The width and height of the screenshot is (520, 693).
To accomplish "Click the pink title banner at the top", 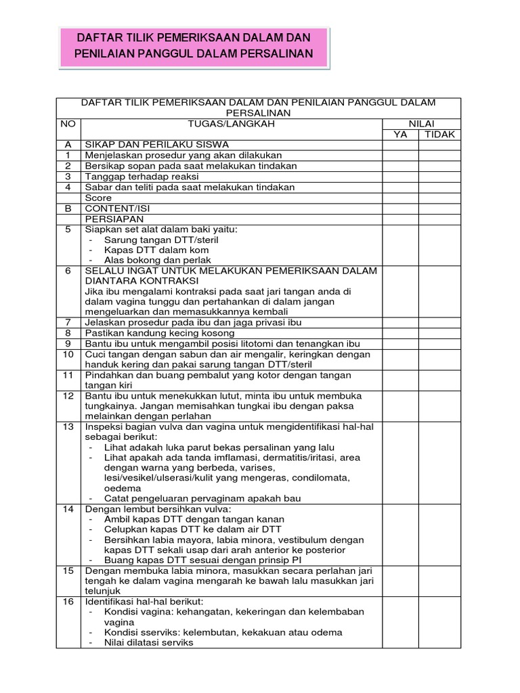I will coord(194,47).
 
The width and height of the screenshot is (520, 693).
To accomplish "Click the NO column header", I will coord(68,124).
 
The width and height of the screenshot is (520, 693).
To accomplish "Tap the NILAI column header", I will coord(420,124).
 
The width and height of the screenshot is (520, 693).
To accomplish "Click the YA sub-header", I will coord(401,135).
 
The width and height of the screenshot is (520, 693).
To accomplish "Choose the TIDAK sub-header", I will coord(439,135).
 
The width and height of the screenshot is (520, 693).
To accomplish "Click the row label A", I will coord(68,145).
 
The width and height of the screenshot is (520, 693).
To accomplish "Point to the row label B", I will coord(68,209).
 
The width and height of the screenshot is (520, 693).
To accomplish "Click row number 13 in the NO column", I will coord(68,427).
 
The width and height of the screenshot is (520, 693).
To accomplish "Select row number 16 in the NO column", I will coord(68,601).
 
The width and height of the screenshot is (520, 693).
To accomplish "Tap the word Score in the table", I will coord(98,198).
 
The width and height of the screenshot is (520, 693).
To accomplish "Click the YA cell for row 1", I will coord(401,156).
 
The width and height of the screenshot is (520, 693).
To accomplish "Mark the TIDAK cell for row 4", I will coord(439,187).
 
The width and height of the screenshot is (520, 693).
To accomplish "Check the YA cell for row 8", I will coord(401,333).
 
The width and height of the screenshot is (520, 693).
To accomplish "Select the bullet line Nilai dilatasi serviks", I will coord(148,642).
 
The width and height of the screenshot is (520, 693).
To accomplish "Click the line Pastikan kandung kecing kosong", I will coord(159,333).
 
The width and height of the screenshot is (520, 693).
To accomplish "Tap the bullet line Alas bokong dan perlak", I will coord(158,260).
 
